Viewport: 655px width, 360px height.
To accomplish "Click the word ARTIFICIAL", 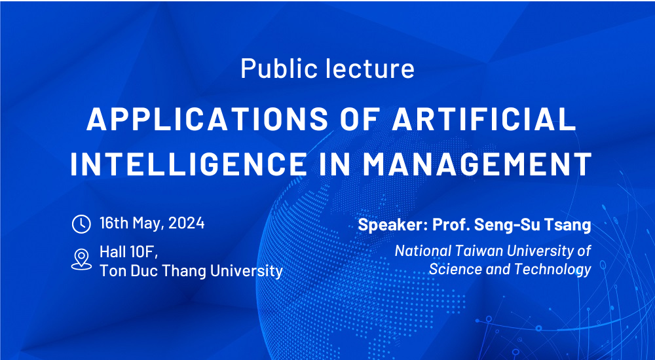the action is coord(484,118).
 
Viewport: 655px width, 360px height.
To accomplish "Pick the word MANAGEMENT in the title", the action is coord(477,164).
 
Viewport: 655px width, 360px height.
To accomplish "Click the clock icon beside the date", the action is coord(81,225).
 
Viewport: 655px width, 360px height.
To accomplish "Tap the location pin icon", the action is coord(81,259).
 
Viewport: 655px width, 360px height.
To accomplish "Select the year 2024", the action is coord(186,223).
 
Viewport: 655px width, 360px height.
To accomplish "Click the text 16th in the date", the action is coord(114,223).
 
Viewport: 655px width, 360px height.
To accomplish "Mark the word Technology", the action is coord(553,270).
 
